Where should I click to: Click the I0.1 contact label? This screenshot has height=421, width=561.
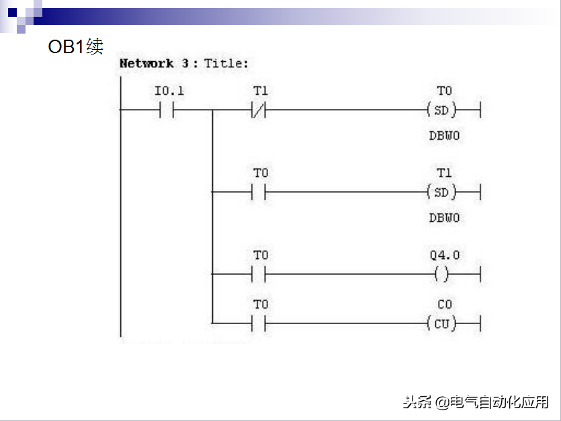(x=169, y=91)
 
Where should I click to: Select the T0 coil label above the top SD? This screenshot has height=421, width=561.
(x=444, y=91)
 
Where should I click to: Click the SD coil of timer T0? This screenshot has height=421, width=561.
(x=441, y=110)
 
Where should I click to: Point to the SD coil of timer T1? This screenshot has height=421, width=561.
(x=441, y=192)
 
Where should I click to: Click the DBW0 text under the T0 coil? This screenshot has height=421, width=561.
(x=444, y=136)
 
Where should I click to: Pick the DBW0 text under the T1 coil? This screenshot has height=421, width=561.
(x=444, y=218)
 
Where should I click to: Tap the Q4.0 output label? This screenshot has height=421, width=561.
(x=445, y=256)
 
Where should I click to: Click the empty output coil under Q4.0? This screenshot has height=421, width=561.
(x=441, y=274)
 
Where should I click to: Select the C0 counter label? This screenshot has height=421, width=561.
(x=444, y=305)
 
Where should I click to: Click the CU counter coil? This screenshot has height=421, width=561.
(x=441, y=324)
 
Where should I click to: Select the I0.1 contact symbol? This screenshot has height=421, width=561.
(x=167, y=110)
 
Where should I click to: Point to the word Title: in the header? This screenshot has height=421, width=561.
(x=226, y=64)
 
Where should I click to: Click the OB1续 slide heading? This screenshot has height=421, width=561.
(x=75, y=47)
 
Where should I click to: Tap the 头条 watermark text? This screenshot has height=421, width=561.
(x=417, y=402)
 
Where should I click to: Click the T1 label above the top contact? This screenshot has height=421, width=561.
(x=260, y=91)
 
